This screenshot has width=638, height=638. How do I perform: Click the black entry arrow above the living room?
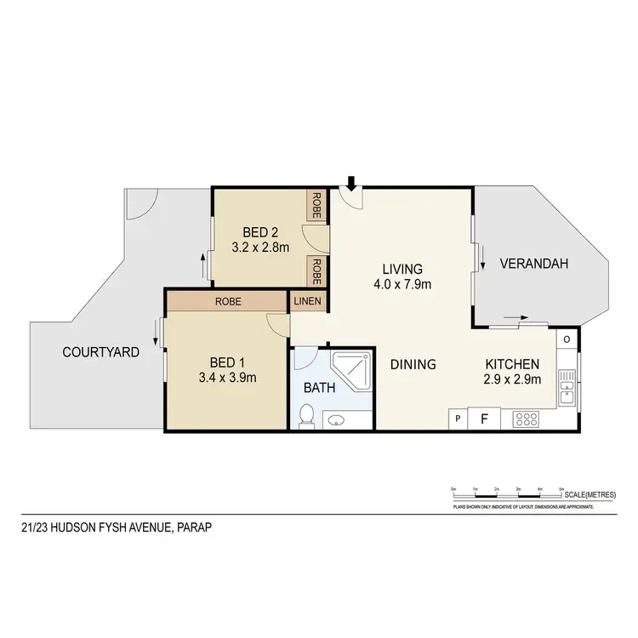350,181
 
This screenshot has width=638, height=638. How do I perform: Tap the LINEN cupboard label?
308,301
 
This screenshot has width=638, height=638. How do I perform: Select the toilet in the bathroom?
307,415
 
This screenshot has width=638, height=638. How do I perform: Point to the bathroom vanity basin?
337,419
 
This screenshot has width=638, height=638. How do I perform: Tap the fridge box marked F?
484,419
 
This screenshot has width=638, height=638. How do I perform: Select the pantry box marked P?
458,419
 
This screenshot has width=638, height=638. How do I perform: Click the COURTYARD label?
100,351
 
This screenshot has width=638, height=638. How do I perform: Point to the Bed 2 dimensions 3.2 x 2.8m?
260,248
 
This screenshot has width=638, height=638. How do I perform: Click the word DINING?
413,364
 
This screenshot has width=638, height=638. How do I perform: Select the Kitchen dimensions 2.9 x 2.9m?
513,379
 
